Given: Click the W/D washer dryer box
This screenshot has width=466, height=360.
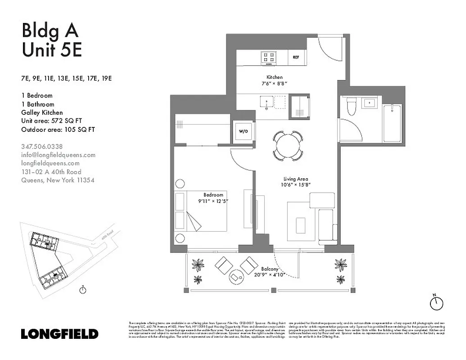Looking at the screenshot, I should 243,131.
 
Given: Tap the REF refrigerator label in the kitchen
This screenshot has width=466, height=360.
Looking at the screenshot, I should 296,57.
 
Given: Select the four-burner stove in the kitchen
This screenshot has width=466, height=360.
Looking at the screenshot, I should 270,57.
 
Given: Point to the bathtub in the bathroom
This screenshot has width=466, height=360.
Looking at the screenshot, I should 392,123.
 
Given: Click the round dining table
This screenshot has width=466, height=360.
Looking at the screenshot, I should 288,146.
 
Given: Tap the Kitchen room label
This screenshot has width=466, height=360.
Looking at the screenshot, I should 274,77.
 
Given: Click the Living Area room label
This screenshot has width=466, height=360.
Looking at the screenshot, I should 295,179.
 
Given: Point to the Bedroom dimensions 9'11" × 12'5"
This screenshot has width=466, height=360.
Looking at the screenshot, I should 213,201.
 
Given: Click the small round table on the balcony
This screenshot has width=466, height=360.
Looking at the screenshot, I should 236,275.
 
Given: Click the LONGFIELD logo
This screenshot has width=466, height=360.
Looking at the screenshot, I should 59,334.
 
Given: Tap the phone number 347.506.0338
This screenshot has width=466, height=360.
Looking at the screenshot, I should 42,146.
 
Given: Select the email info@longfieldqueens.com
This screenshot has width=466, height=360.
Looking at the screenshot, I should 59,155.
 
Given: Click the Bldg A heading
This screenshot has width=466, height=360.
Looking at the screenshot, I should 50,31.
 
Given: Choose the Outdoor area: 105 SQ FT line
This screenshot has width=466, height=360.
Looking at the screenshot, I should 58,130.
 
